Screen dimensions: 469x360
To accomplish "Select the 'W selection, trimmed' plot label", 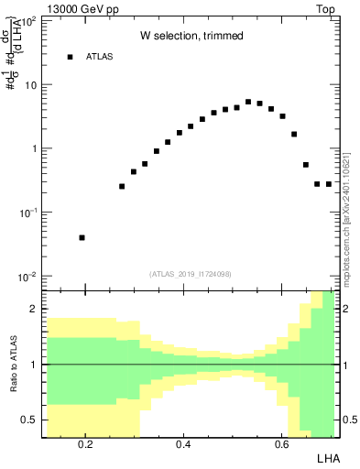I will click(191, 36).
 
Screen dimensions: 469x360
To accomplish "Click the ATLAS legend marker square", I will click(70, 57).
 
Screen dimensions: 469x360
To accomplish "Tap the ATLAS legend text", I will click(100, 57).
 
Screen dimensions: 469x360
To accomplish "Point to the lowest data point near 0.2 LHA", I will click(82, 237).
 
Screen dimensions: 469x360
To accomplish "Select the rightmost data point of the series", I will click(329, 184).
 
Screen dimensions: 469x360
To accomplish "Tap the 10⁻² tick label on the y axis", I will click(27, 277).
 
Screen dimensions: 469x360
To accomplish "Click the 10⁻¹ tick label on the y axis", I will click(27, 213).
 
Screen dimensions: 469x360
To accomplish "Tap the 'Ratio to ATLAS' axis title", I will click(12, 364).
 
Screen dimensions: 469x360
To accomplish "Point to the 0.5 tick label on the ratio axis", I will click(30, 420).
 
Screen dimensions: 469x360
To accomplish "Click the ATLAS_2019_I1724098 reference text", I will click(190, 274).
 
